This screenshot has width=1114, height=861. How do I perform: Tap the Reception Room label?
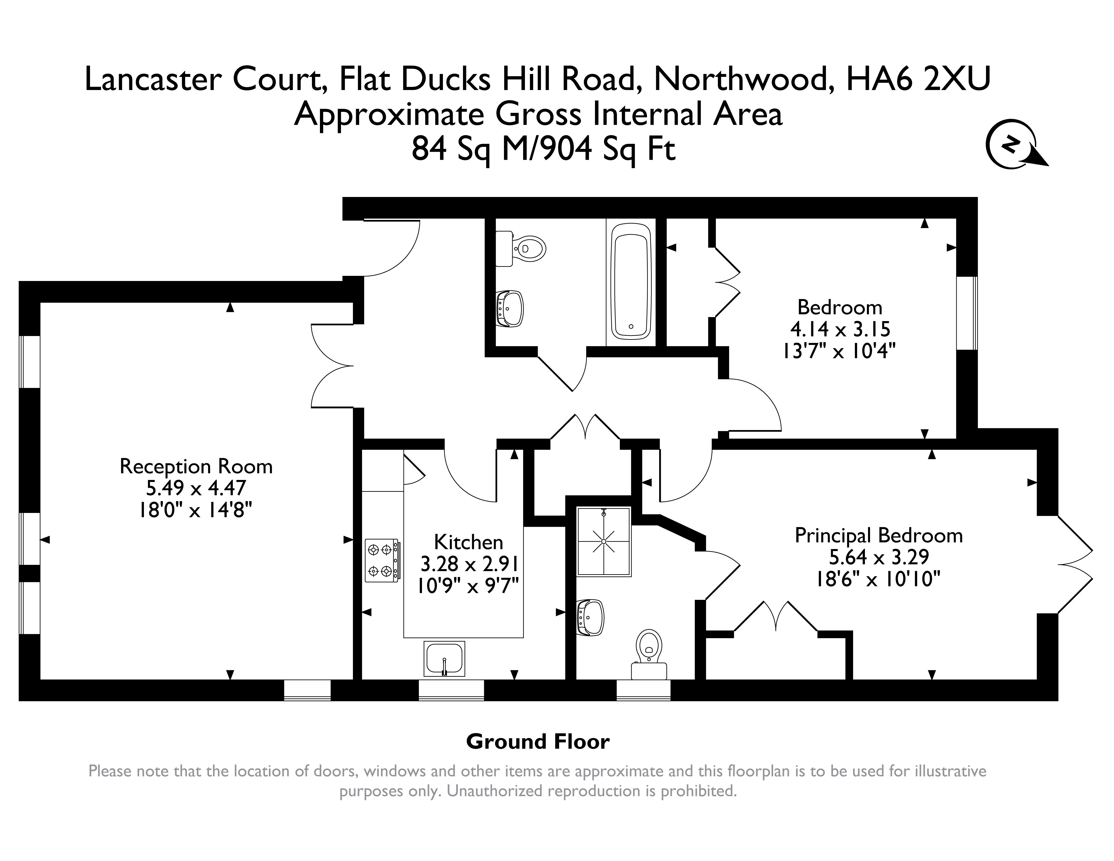[x=196, y=466]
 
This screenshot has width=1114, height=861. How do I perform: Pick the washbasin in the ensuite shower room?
[x=590, y=618]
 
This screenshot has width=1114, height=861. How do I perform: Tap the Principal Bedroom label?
[x=878, y=536]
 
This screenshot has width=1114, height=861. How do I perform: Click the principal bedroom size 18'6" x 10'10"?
[x=878, y=579]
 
